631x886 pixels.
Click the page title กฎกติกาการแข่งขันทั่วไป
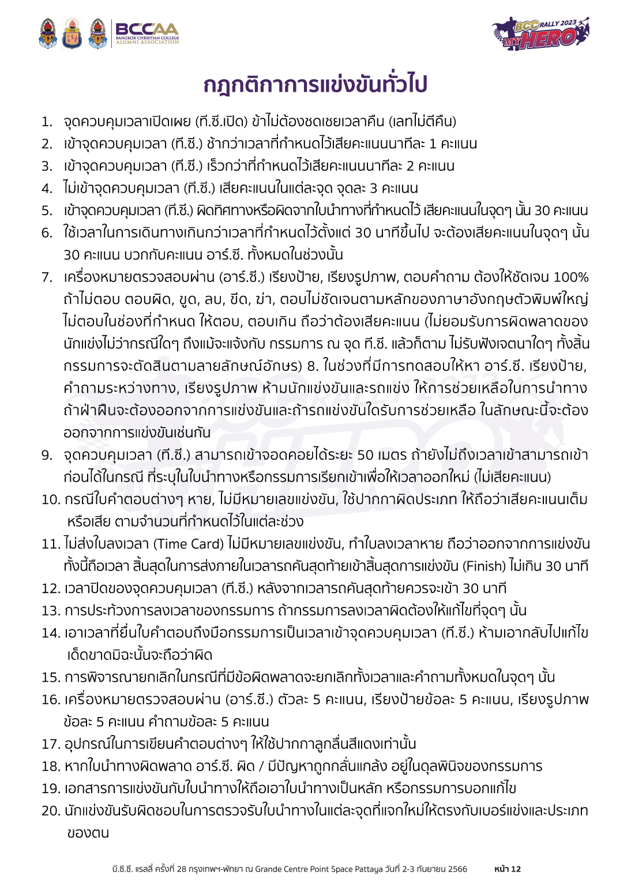[x=315, y=85]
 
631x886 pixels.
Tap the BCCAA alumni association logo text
[x=147, y=33]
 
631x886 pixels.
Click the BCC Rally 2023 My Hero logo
[x=540, y=33]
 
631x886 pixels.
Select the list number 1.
[x=47, y=122]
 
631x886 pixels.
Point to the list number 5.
[x=47, y=211]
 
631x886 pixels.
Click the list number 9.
[x=47, y=455]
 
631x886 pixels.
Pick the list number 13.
[x=51, y=611]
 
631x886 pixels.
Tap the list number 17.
[x=51, y=744]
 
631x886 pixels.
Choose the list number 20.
[x=51, y=811]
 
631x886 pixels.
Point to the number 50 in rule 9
[x=366, y=455]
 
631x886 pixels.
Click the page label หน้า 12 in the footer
[x=508, y=869]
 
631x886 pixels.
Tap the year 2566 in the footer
[x=457, y=869]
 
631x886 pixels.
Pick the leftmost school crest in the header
[x=48, y=33]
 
